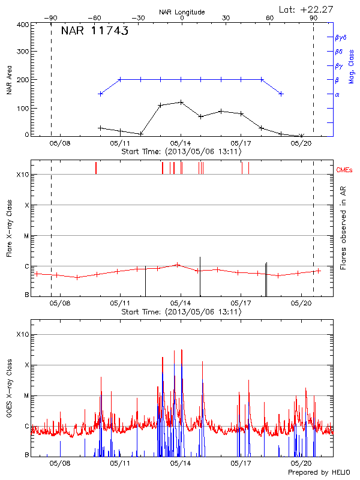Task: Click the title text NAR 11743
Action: tap(95, 32)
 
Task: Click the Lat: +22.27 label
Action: tap(307, 8)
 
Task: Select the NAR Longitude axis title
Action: tap(182, 12)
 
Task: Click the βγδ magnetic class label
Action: tap(340, 37)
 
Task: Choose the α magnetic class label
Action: tap(337, 94)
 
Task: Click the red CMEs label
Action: tap(344, 170)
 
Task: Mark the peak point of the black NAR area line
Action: tap(181, 102)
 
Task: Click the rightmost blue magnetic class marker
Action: tap(281, 94)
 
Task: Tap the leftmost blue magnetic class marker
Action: tap(100, 94)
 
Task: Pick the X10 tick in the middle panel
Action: tap(23, 175)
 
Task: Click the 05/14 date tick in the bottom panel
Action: tap(181, 464)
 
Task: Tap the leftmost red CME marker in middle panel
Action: tap(95, 168)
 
